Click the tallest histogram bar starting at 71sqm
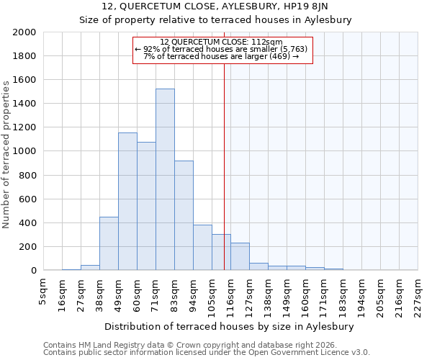point(165,180)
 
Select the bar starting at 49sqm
point(127,202)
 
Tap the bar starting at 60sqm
point(146,206)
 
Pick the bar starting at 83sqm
point(184,216)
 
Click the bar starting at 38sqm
point(109,243)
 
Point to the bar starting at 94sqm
point(202,248)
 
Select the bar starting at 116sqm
point(240,256)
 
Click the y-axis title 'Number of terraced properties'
point(6,154)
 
